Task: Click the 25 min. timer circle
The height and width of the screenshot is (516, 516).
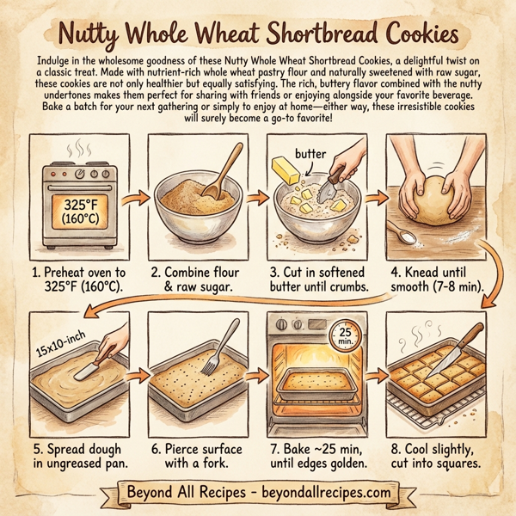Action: (x=346, y=335)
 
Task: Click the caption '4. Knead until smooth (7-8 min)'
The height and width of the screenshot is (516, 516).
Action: (x=437, y=280)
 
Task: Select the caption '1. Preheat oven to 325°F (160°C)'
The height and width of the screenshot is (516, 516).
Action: (x=78, y=280)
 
